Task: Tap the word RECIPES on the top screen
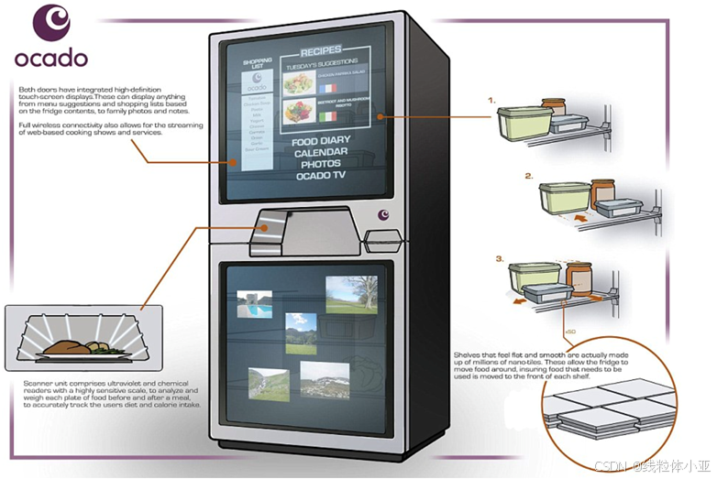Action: (321, 49)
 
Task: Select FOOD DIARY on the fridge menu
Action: (318, 143)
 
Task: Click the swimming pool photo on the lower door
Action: (254, 304)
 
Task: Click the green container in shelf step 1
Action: (524, 123)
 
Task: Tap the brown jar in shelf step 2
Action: (601, 193)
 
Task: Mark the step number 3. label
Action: (501, 259)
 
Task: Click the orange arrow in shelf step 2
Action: (579, 220)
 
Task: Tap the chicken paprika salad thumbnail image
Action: (299, 84)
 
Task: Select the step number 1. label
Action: (491, 99)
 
